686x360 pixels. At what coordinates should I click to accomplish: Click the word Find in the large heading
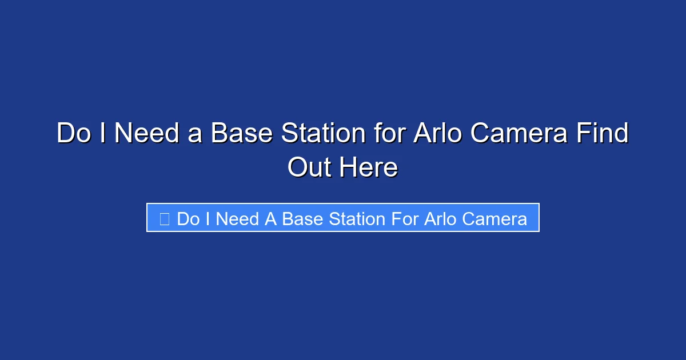603,134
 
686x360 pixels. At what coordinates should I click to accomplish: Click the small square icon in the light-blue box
165,219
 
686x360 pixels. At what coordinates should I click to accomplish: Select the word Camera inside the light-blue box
494,219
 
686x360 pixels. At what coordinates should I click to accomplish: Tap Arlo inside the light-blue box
440,219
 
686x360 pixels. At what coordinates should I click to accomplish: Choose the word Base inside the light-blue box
302,219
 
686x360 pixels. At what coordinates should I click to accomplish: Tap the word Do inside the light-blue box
188,219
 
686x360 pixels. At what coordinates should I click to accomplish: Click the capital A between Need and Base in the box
270,219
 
